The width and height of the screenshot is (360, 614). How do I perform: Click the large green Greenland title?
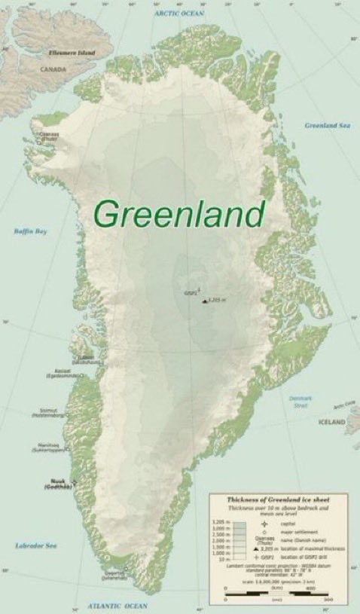coord(180,214)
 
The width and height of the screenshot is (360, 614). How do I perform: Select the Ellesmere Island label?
coord(72,54)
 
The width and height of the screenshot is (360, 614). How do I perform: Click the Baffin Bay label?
coord(31,231)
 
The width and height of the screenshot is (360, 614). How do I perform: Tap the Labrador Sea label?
coord(32,545)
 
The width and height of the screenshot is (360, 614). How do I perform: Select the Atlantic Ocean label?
coord(116,605)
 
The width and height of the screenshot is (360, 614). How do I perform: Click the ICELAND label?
coord(332,421)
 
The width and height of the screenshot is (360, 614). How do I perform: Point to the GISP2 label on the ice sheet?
coord(189,292)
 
